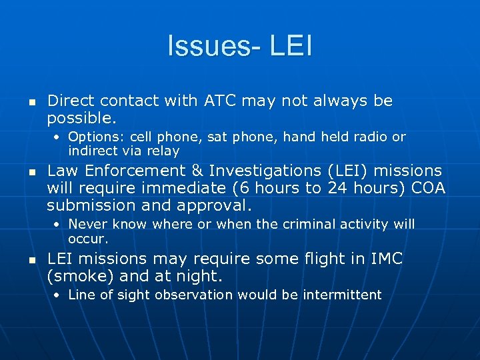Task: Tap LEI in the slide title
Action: pyautogui.click(x=291, y=47)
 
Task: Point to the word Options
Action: pyautogui.click(x=91, y=137)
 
